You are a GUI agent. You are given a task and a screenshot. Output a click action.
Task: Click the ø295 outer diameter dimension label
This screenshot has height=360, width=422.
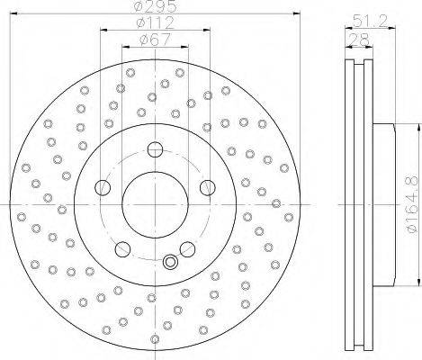coord(156,6)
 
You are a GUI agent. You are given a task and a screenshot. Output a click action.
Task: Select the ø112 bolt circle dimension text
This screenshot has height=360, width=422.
coord(156,22)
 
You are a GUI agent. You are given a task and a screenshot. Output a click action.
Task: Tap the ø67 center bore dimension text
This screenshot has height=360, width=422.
coord(156,40)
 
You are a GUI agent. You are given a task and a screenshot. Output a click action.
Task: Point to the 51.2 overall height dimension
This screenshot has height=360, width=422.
coord(370,22)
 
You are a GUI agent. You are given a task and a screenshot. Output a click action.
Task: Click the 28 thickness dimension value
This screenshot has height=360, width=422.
coord(359,40)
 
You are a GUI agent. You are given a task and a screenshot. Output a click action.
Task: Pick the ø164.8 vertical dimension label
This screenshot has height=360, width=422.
coord(412,204)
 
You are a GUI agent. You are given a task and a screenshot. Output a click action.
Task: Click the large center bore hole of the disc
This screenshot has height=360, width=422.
coord(156,204)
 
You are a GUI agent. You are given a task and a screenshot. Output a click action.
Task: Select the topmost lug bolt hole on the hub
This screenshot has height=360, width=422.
coord(156,149)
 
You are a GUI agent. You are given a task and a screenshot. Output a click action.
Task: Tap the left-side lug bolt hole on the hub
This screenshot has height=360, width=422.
coord(103,188)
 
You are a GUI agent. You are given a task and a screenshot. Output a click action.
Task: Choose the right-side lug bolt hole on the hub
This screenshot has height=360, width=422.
coord(208,188)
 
